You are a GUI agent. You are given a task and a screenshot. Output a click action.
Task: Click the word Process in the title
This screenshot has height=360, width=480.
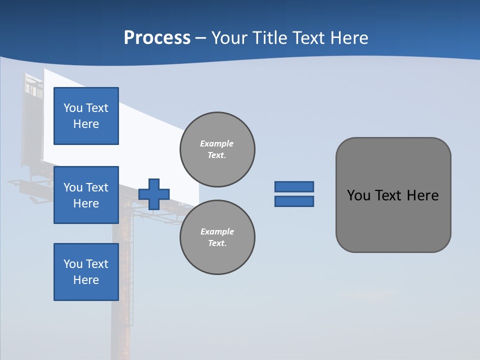157,38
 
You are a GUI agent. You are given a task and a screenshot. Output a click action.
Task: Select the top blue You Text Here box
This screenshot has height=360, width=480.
86,116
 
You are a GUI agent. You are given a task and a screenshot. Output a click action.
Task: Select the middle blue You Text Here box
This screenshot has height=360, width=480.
86,195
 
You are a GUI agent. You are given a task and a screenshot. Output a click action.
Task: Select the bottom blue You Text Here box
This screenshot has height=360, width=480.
86,272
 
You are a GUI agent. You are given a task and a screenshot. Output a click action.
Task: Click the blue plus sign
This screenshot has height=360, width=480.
154,194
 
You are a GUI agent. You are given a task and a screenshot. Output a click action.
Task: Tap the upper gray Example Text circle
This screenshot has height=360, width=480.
217,149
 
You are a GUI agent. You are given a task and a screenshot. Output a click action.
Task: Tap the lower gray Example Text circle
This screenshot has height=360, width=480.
217,237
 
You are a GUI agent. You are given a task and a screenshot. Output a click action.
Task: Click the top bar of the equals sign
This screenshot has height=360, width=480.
294,186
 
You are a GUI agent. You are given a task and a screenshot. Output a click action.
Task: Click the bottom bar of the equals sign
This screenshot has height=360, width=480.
294,201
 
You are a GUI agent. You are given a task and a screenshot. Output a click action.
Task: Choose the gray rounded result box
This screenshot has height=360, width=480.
393,220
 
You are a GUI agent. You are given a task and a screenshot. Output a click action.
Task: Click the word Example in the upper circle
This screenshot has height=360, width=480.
216,143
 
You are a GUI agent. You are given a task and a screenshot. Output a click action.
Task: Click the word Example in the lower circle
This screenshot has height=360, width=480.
217,231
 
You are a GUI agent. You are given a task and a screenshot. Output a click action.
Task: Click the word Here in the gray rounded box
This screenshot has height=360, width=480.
422,195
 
